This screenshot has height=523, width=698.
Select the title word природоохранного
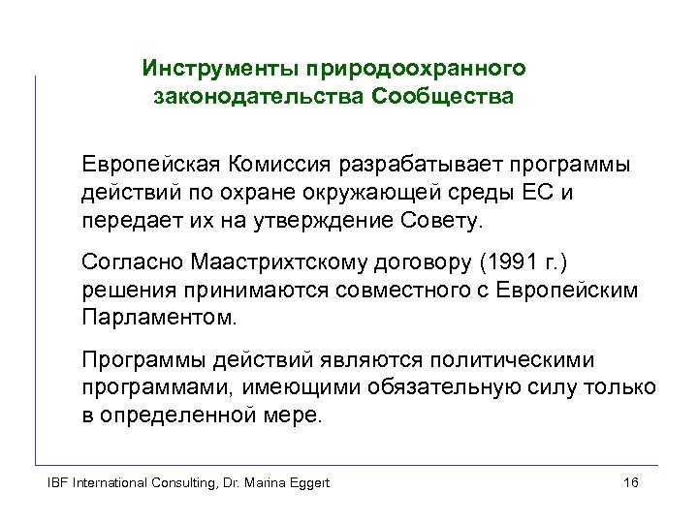coord(416,69)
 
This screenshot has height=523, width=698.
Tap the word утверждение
coord(328,221)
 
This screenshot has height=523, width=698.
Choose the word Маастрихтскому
coord(276,263)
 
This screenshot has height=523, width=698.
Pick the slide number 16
coord(630,482)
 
